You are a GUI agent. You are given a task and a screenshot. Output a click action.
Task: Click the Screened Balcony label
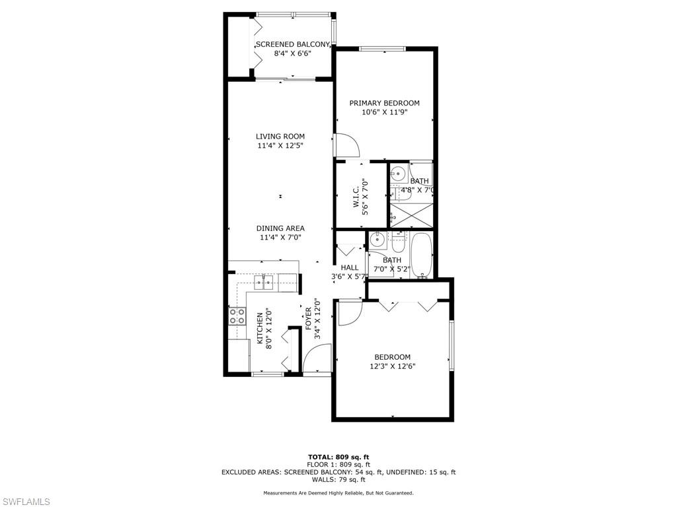click(x=293, y=44)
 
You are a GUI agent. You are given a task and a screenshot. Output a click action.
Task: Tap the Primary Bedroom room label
click(x=384, y=103)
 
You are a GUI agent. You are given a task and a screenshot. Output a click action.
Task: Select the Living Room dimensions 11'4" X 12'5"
click(x=280, y=146)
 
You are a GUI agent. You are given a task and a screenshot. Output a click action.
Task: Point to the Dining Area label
click(x=280, y=228)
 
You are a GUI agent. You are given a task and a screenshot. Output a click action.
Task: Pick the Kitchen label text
click(x=260, y=328)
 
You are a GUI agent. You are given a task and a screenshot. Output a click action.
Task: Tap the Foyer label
click(x=308, y=319)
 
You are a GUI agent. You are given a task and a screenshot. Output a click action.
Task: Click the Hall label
click(x=349, y=268)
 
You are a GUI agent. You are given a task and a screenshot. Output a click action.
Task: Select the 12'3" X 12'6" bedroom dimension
click(x=393, y=366)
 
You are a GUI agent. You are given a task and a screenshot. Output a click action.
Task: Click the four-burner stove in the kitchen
click(x=237, y=316)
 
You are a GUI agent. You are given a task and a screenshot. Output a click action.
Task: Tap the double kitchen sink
click(x=264, y=283)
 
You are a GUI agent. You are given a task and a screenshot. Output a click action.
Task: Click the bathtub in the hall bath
click(x=421, y=255)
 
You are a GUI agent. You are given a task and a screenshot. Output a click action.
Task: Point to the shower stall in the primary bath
click(x=411, y=215)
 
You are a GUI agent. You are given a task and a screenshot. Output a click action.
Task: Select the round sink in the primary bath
click(x=397, y=174)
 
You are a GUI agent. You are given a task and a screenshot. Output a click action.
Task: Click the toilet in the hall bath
click(x=397, y=244)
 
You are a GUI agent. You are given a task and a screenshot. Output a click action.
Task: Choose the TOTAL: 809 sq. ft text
click(x=338, y=457)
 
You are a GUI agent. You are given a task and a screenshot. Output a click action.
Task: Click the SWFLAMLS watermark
click(x=25, y=502)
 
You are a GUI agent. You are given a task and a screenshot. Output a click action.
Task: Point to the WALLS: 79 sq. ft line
click(x=338, y=479)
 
